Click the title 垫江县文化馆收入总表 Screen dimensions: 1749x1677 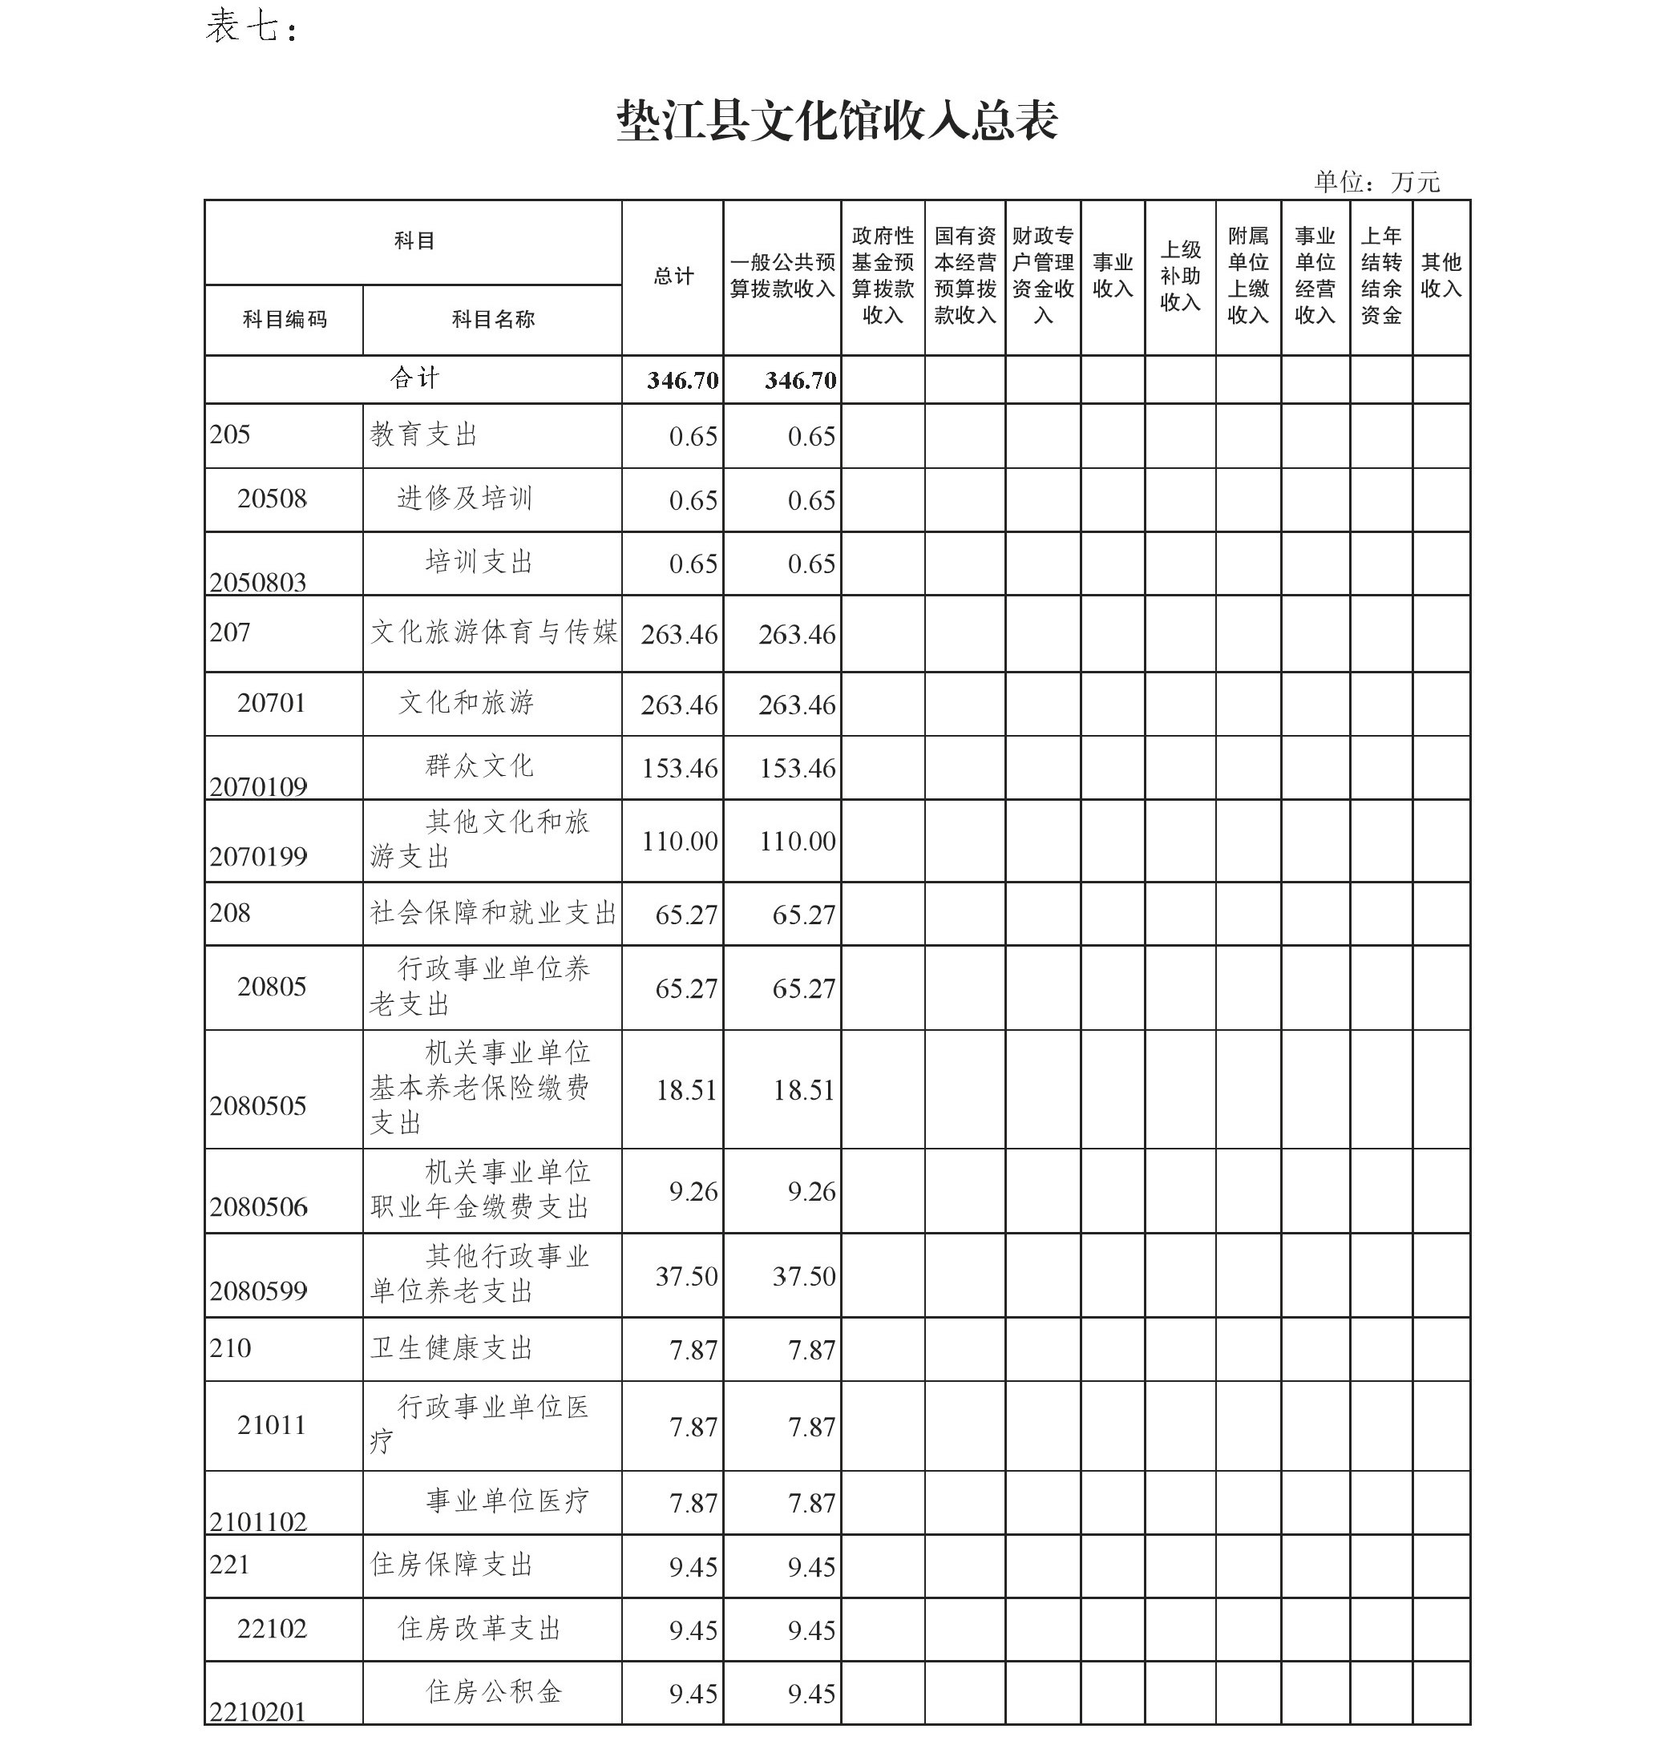(x=837, y=120)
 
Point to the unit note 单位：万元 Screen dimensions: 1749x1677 (x=1376, y=182)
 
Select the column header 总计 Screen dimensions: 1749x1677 (x=673, y=277)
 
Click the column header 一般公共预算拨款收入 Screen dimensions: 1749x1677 (x=782, y=276)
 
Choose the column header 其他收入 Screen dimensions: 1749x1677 (x=1441, y=276)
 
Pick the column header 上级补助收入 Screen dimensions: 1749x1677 (x=1180, y=276)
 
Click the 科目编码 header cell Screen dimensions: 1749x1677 (x=285, y=320)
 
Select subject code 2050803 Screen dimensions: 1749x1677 (x=258, y=582)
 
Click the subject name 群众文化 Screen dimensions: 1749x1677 (x=479, y=765)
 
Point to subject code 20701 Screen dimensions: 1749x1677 (x=271, y=703)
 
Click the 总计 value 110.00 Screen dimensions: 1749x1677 (x=679, y=841)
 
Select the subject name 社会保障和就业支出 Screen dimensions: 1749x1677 (x=493, y=913)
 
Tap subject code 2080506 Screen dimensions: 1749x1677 (x=258, y=1206)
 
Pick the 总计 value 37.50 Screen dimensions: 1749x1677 (x=685, y=1276)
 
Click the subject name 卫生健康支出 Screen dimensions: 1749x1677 (x=451, y=1347)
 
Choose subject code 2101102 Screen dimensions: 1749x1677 (x=258, y=1521)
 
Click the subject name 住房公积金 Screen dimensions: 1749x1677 (x=494, y=1691)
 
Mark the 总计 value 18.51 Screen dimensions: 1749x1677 (x=685, y=1089)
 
